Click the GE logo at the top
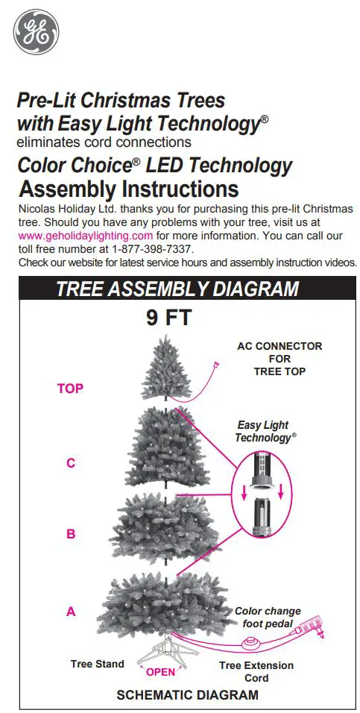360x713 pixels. (x=36, y=31)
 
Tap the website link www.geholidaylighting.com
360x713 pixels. (x=85, y=235)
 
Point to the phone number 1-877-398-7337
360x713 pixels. (x=153, y=248)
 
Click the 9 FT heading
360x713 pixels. (x=168, y=318)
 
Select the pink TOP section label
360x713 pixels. (x=70, y=388)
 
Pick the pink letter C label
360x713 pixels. (x=71, y=462)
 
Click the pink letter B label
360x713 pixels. (x=71, y=533)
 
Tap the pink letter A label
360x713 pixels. (x=71, y=611)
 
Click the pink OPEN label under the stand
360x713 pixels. (x=160, y=671)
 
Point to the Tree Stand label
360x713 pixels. (x=98, y=664)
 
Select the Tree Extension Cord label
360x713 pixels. (x=256, y=671)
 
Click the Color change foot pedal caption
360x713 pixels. (x=269, y=617)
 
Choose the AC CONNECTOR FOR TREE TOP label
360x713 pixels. (x=280, y=359)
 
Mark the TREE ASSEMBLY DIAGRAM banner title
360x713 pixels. (x=177, y=289)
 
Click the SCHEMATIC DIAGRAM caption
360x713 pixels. (x=188, y=694)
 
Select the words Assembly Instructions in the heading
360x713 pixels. (x=128, y=189)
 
